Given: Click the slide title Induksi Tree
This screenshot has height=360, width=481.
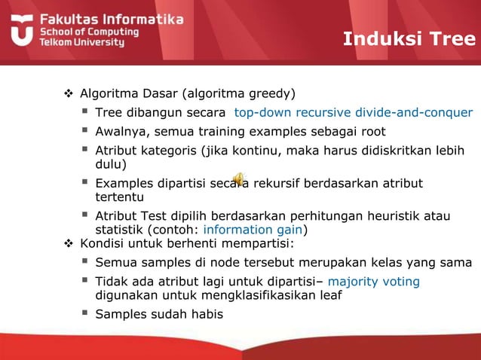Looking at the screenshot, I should [x=409, y=39].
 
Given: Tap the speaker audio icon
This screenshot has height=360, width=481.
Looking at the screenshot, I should [x=238, y=178].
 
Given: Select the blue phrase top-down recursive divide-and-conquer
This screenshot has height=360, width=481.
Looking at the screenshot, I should [x=353, y=113].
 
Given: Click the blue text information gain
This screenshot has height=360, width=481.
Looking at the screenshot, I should [x=253, y=230].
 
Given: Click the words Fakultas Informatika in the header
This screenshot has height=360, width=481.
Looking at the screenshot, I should [x=111, y=19].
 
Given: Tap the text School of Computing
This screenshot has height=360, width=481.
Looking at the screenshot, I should [x=89, y=32].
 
